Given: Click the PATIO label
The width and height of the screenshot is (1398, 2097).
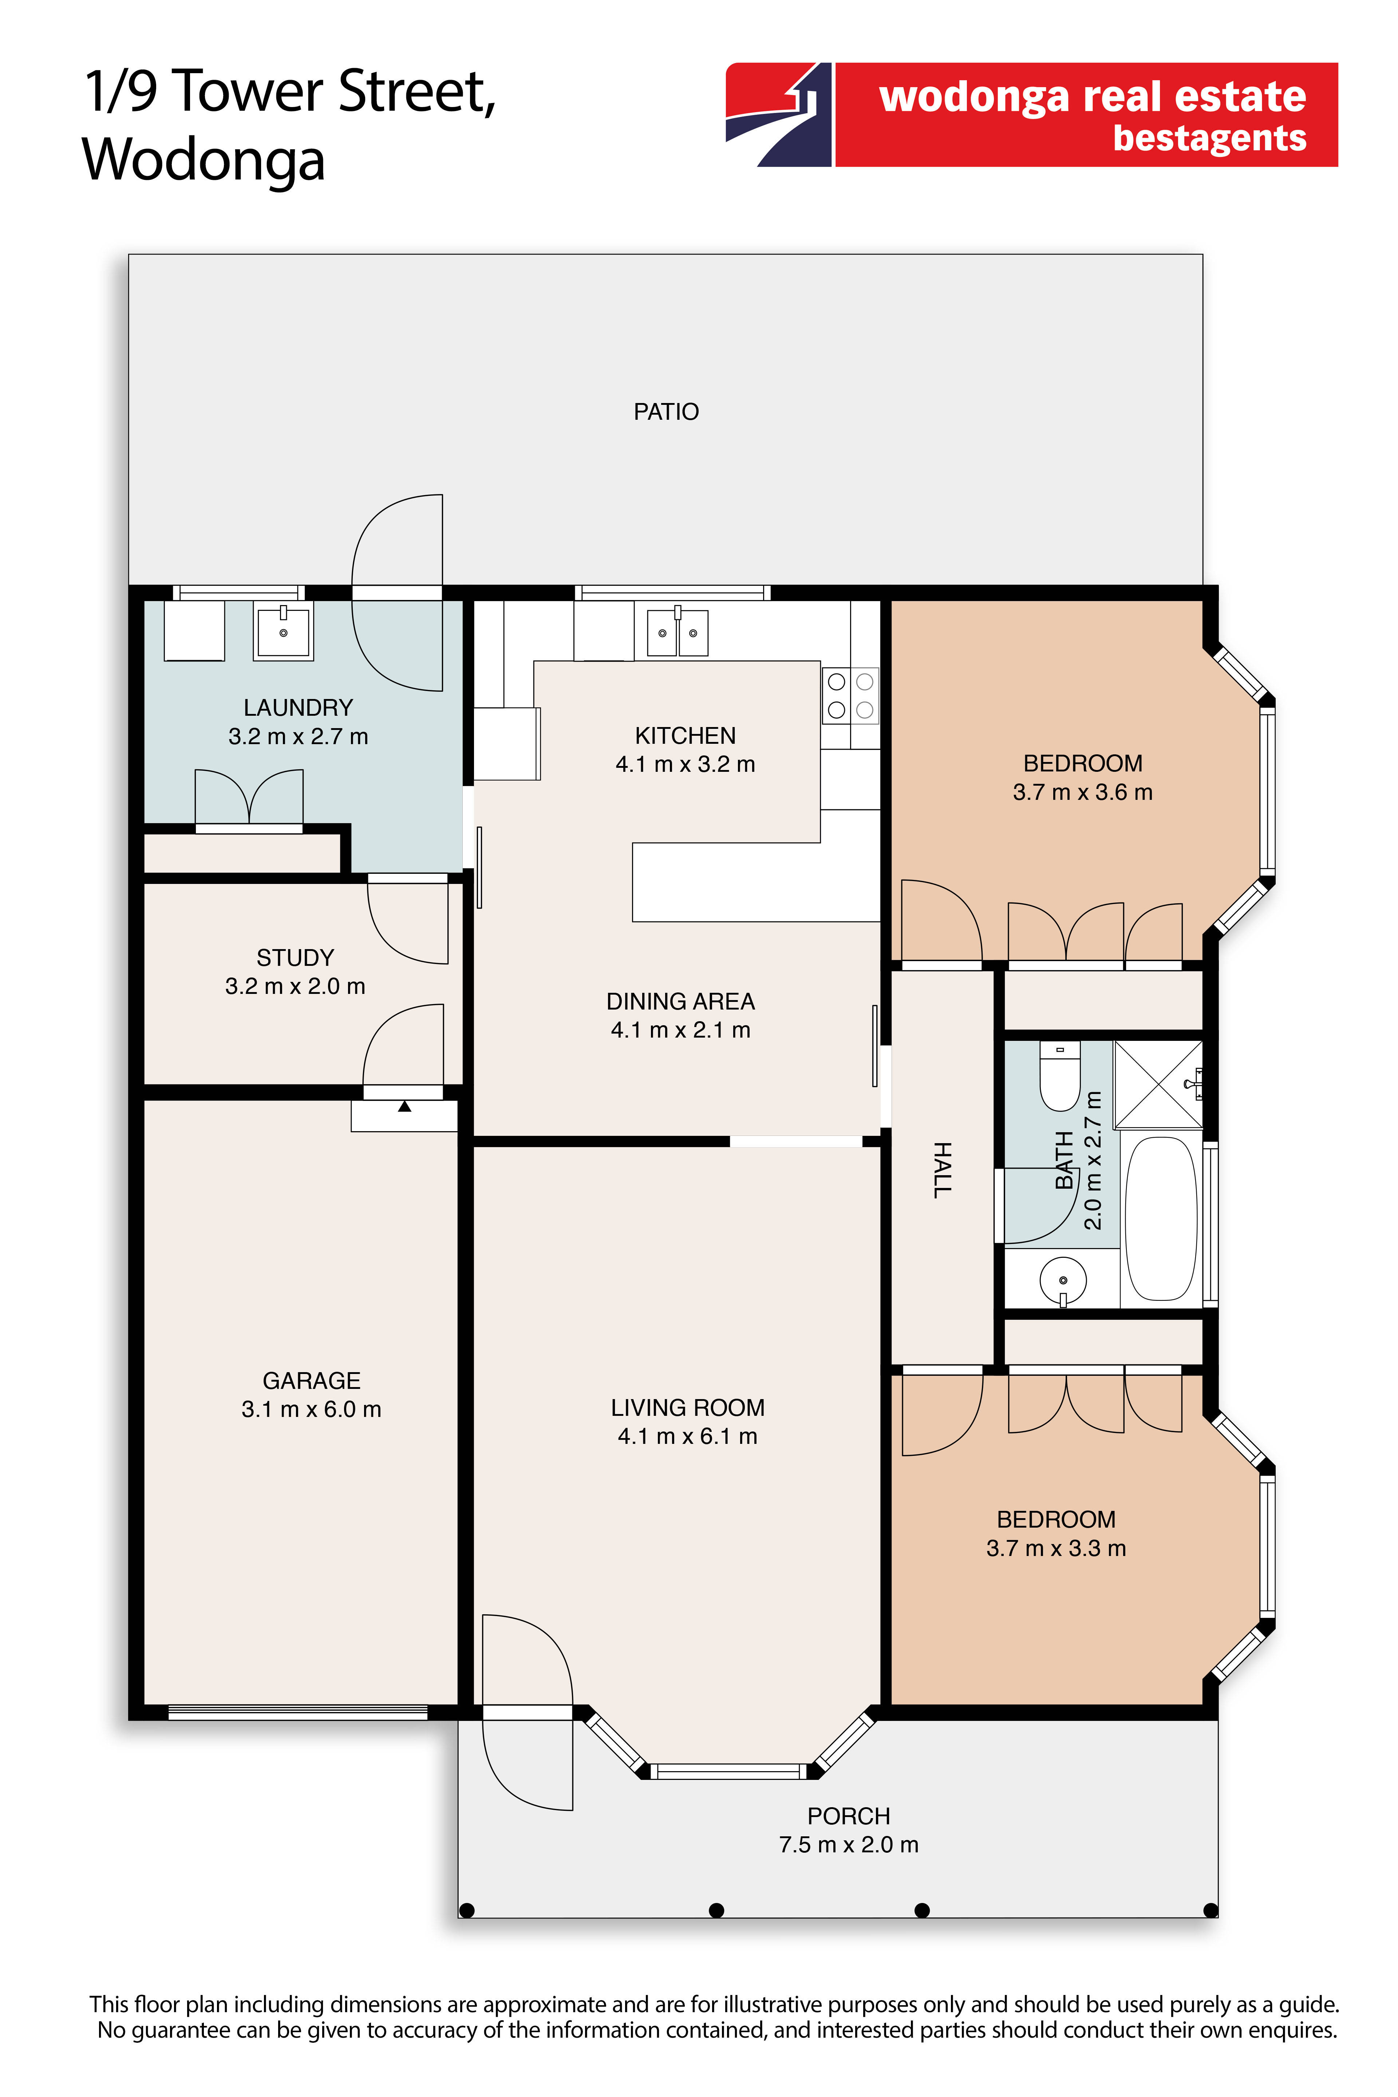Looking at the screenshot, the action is tap(666, 412).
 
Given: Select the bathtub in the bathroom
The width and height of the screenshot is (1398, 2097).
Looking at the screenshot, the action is tap(1162, 1218).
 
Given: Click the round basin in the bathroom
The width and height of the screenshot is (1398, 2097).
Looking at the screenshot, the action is tap(1063, 1280).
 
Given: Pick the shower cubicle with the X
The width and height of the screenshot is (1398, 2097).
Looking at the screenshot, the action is tap(1158, 1084).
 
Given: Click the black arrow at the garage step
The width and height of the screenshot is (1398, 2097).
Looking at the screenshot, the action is tap(405, 1106).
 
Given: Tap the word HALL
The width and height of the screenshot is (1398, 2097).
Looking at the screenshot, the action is tap(943, 1170).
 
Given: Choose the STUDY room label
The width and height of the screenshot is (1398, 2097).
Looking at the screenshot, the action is tap(295, 957).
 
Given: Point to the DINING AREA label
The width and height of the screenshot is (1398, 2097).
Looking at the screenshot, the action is tap(680, 1001).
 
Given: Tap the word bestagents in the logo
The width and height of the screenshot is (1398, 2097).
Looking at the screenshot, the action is tap(1210, 139).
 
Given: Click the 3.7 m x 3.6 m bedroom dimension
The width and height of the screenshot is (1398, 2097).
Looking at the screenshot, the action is tap(1082, 792).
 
